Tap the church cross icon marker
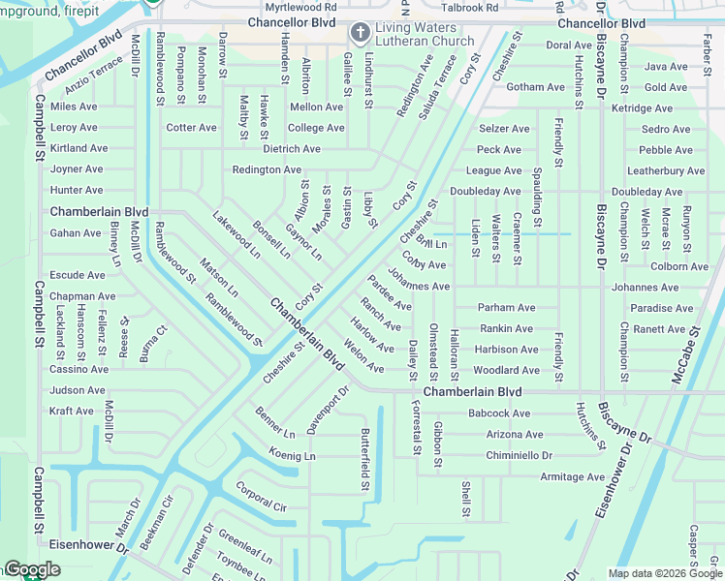[360, 34]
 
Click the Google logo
[32, 570]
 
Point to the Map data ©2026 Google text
[663, 573]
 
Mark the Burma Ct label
[152, 344]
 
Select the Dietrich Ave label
[291, 149]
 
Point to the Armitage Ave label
[572, 476]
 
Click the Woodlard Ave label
[506, 370]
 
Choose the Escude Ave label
[78, 275]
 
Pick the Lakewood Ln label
[236, 235]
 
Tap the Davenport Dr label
[327, 410]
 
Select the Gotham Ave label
[535, 87]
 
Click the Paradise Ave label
[662, 308]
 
